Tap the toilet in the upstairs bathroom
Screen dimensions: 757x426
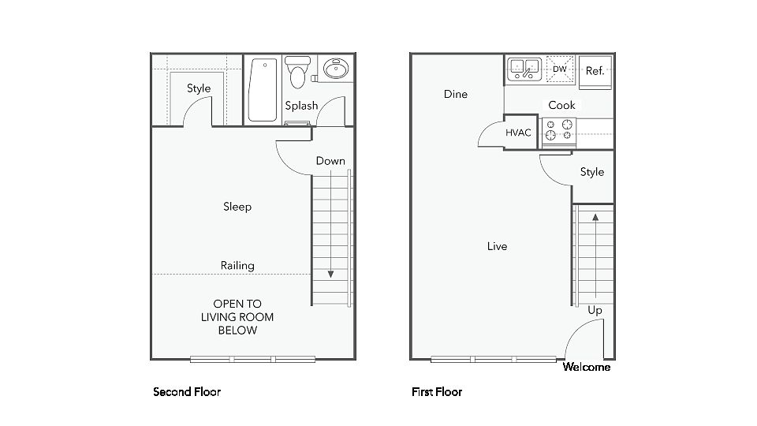pyautogui.click(x=297, y=72)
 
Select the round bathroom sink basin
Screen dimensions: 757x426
pyautogui.click(x=336, y=69)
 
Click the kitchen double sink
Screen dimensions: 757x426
pyautogui.click(x=524, y=69)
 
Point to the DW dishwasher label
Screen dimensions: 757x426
pyautogui.click(x=560, y=69)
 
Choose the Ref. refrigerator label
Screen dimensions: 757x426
pyautogui.click(x=595, y=71)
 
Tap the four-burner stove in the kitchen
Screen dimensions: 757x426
pyautogui.click(x=558, y=130)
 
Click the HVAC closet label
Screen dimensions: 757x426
pyautogui.click(x=518, y=133)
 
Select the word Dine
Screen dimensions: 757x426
pyautogui.click(x=456, y=94)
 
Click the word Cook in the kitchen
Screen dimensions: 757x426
pyautogui.click(x=561, y=105)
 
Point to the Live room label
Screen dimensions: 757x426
pyautogui.click(x=498, y=246)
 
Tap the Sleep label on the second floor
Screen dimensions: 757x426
pyautogui.click(x=237, y=207)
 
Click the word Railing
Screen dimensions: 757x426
pyautogui.click(x=237, y=266)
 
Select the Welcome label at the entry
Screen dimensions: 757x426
pyautogui.click(x=587, y=367)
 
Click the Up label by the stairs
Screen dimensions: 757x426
pyautogui.click(x=595, y=311)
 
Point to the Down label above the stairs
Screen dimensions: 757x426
pyautogui.click(x=330, y=161)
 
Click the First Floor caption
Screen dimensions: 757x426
pyautogui.click(x=437, y=392)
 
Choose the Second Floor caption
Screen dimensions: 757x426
pyautogui.click(x=187, y=392)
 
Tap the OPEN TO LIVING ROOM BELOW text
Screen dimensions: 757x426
pyautogui.click(x=237, y=317)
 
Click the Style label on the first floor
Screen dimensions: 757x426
pyautogui.click(x=592, y=173)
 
